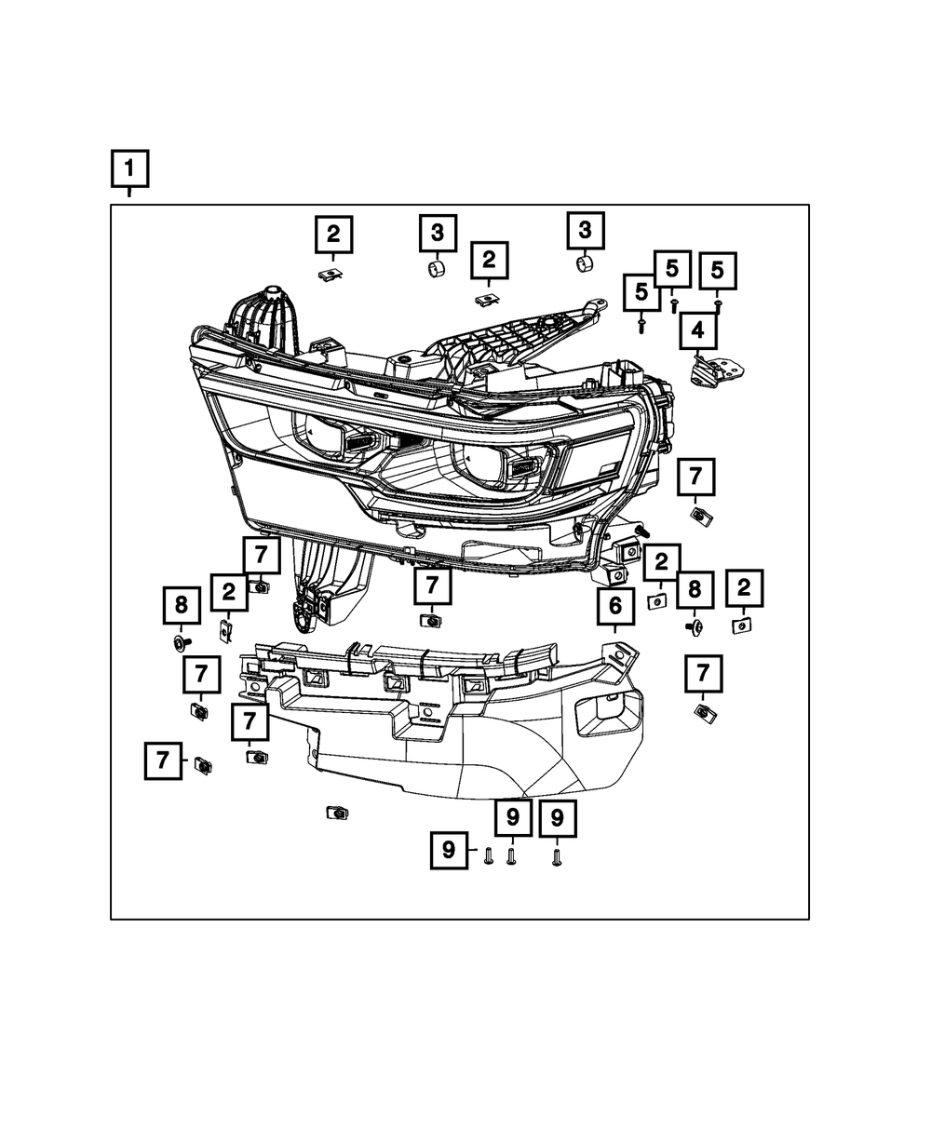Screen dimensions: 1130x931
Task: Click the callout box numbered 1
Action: click(129, 169)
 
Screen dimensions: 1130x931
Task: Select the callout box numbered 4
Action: click(697, 330)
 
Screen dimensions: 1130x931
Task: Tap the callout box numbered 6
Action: click(615, 607)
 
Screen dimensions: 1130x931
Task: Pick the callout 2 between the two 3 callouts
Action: click(489, 260)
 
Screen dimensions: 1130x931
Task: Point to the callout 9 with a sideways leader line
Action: click(449, 851)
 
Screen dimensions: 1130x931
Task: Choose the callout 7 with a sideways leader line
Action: click(163, 761)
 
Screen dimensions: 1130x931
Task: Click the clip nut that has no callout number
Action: click(336, 813)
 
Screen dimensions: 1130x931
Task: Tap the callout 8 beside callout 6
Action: click(694, 589)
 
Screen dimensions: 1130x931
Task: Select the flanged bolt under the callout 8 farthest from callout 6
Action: click(180, 642)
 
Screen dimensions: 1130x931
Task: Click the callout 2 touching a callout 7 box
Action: click(228, 592)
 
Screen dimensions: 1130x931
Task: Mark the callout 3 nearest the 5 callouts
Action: click(586, 230)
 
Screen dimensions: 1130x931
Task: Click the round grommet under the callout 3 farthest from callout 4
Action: click(436, 269)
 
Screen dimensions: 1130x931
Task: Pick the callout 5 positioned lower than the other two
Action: click(641, 291)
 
